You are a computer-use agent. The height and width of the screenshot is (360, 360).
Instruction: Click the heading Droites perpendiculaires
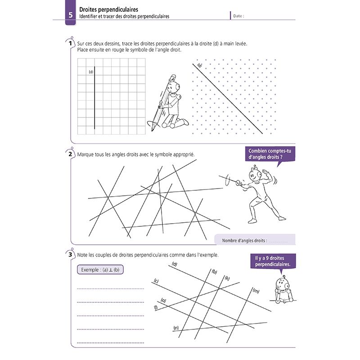click(x=108, y=9)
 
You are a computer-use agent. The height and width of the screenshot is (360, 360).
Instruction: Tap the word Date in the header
click(x=238, y=16)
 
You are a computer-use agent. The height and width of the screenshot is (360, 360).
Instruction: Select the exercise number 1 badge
click(x=71, y=44)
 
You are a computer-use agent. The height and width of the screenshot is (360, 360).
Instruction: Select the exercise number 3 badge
click(x=71, y=255)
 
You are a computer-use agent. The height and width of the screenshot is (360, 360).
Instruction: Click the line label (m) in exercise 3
click(x=256, y=292)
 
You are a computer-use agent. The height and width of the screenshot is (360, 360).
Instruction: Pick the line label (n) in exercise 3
click(x=175, y=328)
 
